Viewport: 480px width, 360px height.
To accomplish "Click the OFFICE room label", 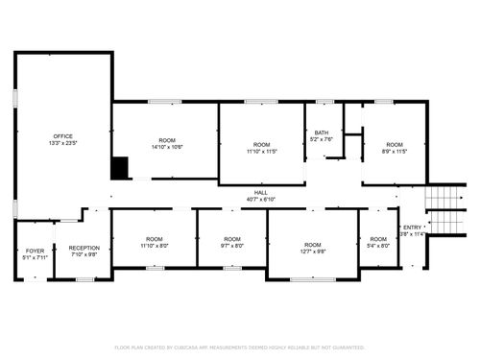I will click(x=63, y=136).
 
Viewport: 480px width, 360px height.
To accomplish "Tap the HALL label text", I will click(x=260, y=193).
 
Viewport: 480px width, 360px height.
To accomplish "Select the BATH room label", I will click(x=321, y=133).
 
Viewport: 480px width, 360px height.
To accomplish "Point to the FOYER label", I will click(x=35, y=251).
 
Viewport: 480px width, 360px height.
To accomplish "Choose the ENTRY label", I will click(x=411, y=227).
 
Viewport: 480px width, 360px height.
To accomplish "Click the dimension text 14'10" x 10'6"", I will click(x=167, y=147).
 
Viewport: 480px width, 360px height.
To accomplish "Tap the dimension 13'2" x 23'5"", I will click(x=63, y=144).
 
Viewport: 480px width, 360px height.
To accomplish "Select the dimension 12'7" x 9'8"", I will click(x=314, y=252).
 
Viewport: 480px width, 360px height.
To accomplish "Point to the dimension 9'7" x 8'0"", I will click(x=232, y=246).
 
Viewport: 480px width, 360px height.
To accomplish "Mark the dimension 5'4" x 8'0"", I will click(x=379, y=246).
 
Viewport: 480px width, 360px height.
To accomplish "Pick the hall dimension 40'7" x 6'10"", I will click(x=260, y=200).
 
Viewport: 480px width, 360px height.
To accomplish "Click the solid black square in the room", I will click(x=120, y=168).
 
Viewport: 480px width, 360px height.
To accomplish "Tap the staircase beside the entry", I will click(x=444, y=208).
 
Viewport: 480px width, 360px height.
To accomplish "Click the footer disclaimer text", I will click(x=239, y=347).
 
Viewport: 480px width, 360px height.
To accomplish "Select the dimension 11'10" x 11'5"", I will click(x=260, y=152).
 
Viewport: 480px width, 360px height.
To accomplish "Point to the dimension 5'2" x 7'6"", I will click(x=321, y=140).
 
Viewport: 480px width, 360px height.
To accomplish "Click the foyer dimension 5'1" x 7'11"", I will click(x=35, y=257).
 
